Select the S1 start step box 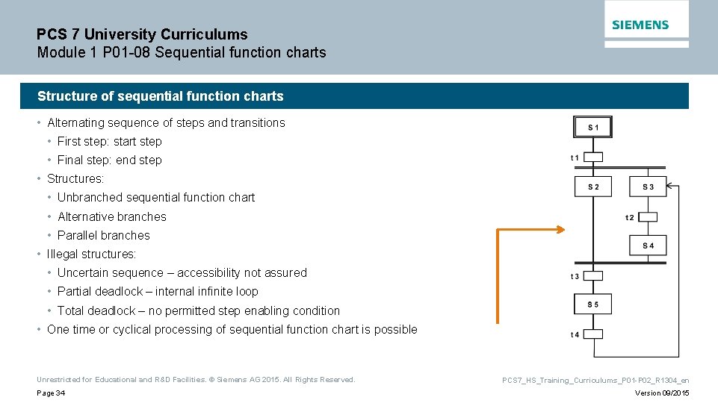click(x=592, y=128)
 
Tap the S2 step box click(x=592, y=187)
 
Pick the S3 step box click(x=648, y=187)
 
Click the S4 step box click(x=648, y=246)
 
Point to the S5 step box click(x=592, y=304)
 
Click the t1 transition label click(x=575, y=157)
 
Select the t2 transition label click(x=630, y=217)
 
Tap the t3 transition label click(x=575, y=276)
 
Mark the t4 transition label click(x=575, y=334)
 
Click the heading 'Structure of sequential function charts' click(x=161, y=96)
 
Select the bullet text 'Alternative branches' click(x=112, y=217)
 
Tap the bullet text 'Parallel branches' click(x=104, y=236)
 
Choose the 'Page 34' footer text click(x=51, y=393)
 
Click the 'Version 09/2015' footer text click(x=662, y=393)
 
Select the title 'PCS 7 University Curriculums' click(x=142, y=34)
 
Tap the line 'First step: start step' click(x=110, y=142)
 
